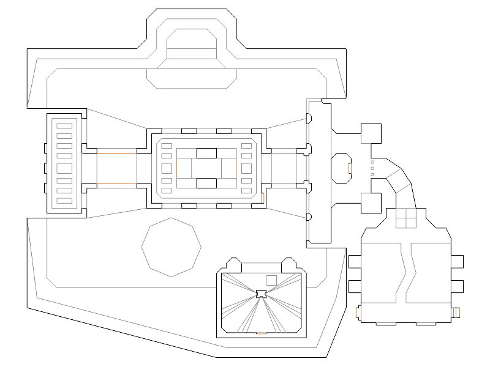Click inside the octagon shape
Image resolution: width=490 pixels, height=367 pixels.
tap(171, 246)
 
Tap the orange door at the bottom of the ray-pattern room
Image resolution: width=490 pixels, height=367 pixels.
tap(261, 334)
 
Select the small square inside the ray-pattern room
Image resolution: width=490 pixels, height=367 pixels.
tap(271, 280)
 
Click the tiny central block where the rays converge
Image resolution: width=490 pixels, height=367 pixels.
tap(262, 294)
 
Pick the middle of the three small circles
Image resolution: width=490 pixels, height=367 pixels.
tap(372, 168)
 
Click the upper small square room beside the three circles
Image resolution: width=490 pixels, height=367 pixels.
tap(370, 133)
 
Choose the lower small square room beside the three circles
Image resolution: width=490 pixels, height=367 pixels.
tap(370, 203)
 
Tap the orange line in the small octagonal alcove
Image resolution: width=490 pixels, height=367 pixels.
tap(349, 168)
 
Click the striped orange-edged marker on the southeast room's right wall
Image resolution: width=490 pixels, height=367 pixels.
tap(456, 313)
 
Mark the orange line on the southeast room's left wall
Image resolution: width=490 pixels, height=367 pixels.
tap(357, 313)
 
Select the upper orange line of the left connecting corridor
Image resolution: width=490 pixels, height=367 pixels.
tap(116, 154)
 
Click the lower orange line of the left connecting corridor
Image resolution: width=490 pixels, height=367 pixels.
tap(116, 183)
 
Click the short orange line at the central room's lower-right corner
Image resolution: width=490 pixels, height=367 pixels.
tap(262, 198)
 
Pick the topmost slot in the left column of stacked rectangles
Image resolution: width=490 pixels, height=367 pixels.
tap(64, 127)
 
